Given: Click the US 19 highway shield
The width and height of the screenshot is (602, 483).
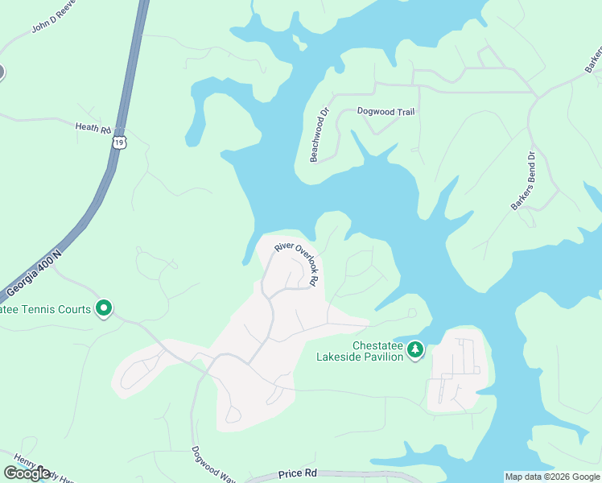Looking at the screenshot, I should coord(119,142).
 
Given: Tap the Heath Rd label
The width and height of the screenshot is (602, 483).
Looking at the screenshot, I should coord(92,127).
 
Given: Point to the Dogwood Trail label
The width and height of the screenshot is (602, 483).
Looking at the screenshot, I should coord(386,112).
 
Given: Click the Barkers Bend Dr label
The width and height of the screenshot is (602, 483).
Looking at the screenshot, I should coord(523,182).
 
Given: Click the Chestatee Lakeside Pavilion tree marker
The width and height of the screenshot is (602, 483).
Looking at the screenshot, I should coord(415,349).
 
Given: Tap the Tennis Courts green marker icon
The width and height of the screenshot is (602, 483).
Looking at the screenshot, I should coord(104,308).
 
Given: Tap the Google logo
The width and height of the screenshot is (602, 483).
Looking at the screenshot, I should coord(27,473).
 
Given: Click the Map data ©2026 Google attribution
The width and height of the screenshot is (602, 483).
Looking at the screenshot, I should coord(552,477).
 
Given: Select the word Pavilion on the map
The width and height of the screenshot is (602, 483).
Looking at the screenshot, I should coord(381,357).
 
